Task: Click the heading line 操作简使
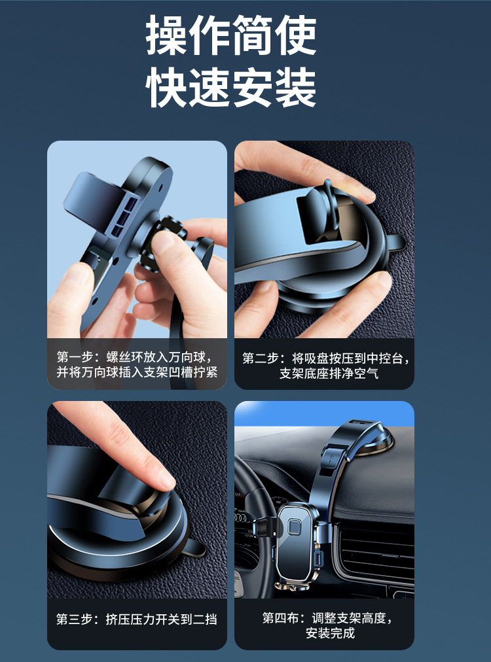[x=231, y=35]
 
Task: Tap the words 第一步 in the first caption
[x=75, y=357]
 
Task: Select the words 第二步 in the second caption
[x=261, y=358]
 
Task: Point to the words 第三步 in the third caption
[x=75, y=619]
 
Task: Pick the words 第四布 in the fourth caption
[x=281, y=618]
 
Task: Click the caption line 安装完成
[x=331, y=633]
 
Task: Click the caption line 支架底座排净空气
[x=329, y=374]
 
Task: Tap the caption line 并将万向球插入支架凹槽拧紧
[x=137, y=372]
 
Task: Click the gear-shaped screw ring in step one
[x=162, y=243]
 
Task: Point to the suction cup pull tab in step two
[x=396, y=242]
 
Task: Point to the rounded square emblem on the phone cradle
[x=294, y=528]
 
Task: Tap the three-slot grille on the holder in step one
[x=129, y=216]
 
